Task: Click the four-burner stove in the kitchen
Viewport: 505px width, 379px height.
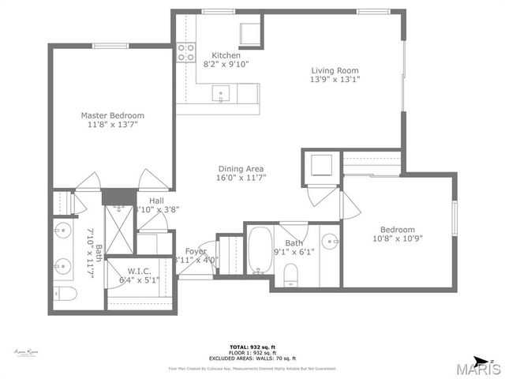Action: (186, 52)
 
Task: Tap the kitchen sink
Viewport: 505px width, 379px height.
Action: (221, 93)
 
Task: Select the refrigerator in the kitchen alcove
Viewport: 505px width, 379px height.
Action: (252, 34)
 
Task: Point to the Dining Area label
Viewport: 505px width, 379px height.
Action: (241, 168)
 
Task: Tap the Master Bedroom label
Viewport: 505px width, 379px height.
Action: (112, 115)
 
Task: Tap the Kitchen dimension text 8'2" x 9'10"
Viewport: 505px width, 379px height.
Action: (225, 65)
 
